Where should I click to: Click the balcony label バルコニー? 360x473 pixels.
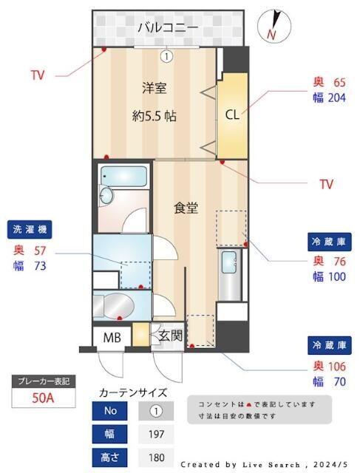[x=167, y=29]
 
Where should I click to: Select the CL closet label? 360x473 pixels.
[x=231, y=115]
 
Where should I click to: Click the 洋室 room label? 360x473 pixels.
[x=154, y=89]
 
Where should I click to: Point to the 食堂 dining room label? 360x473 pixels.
[x=186, y=208]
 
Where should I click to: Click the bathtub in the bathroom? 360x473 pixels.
[x=124, y=177]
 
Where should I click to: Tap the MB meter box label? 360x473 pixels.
[x=112, y=338]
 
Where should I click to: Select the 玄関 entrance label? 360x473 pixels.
[x=170, y=336]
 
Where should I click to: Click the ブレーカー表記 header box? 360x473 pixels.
[x=44, y=381]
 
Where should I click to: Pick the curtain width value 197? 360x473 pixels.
[x=156, y=434]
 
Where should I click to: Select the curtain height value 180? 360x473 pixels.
[x=156, y=457]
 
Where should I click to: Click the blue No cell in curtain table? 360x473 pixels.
[x=112, y=411]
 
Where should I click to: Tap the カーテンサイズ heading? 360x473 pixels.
[x=132, y=392]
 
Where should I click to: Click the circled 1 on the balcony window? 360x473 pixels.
[x=167, y=55]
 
